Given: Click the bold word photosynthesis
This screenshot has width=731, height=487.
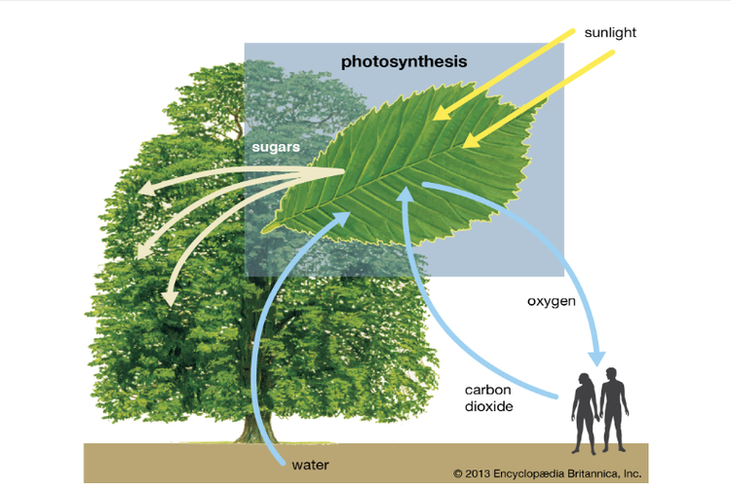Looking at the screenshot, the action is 404,62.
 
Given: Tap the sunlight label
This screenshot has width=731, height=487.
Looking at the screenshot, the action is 610,32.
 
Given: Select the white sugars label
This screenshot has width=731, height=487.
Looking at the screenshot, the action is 276,147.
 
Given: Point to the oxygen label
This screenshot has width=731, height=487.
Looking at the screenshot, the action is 551,301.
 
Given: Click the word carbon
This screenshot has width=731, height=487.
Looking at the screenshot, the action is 487,390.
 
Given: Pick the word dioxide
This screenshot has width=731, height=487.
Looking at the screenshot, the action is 488,406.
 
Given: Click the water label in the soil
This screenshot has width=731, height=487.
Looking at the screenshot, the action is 310,465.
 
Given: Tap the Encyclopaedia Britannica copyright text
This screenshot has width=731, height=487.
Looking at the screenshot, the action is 548,474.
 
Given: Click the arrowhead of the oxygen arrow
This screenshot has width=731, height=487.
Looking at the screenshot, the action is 596,357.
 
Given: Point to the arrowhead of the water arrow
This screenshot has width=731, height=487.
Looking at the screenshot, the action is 341,218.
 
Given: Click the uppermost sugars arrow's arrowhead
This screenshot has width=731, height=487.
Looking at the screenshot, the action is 147,188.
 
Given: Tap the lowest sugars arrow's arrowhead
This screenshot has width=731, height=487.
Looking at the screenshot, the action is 170,298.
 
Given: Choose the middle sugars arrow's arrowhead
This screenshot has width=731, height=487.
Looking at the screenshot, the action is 143,250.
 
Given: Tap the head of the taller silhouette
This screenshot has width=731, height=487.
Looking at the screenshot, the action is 611,374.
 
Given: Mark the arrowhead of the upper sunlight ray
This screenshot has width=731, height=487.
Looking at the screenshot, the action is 442,112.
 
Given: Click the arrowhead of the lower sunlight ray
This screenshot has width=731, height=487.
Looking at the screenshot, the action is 471,140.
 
